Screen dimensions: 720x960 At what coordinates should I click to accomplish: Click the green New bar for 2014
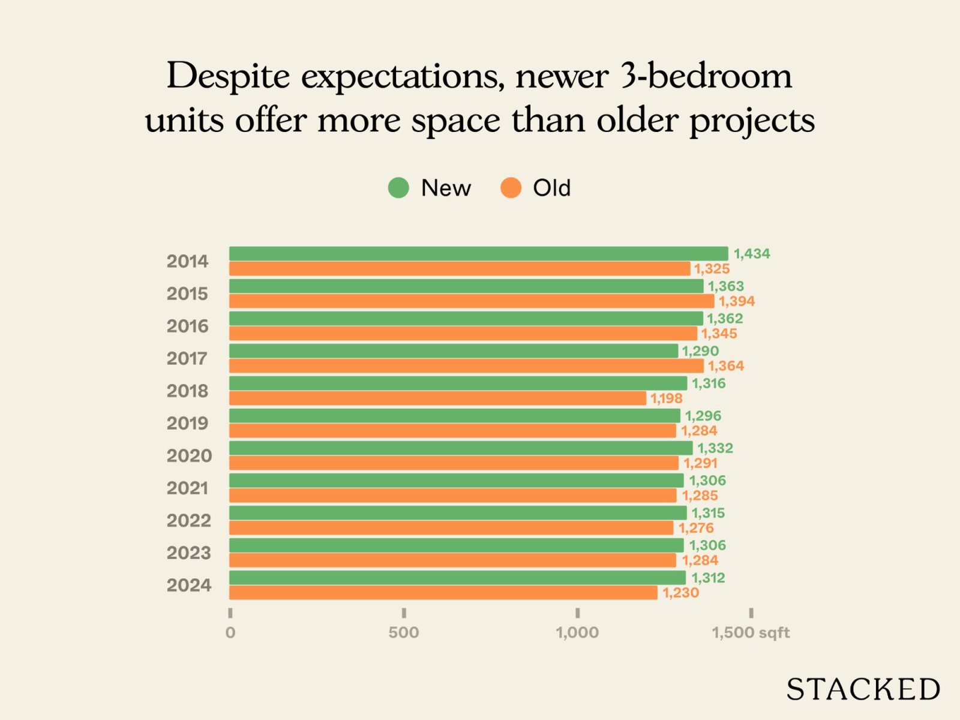coord(478,254)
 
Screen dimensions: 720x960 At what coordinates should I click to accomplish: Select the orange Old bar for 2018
coord(437,398)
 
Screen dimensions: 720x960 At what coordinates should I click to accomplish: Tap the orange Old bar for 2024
coord(443,593)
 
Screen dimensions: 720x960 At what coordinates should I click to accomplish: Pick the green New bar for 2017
coord(453,351)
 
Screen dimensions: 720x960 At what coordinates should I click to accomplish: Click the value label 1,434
coord(752,254)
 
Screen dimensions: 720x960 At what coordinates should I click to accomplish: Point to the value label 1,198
coord(667,398)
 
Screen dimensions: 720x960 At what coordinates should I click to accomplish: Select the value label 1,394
coord(737,301)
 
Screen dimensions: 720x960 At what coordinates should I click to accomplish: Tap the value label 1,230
coord(680,593)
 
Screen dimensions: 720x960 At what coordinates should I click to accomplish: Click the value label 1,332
coord(715,448)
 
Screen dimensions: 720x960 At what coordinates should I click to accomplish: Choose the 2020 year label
coord(189,456)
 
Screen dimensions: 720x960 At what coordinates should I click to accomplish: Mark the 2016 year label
coord(187,326)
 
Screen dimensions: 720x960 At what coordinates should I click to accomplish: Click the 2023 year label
coord(188,553)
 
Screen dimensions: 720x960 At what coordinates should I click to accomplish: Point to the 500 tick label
coord(403,632)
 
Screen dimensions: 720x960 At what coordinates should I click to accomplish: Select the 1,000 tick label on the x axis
coord(577,632)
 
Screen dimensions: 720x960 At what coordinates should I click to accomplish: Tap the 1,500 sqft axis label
coord(751,632)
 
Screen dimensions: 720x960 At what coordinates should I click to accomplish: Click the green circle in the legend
coord(398,188)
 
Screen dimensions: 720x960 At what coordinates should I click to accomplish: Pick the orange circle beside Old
coord(511,188)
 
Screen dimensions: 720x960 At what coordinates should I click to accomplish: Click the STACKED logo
coord(863,689)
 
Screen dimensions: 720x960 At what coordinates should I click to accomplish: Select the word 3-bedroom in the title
coord(706,76)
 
